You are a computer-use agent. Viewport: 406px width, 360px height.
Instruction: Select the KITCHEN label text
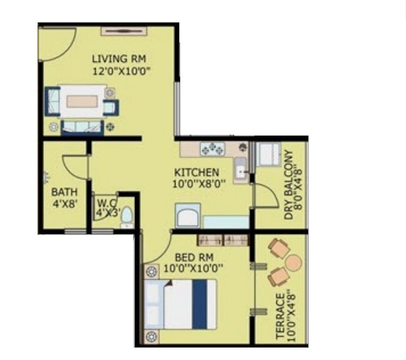coord(196,172)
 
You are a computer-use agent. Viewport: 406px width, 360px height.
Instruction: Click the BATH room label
coord(64,191)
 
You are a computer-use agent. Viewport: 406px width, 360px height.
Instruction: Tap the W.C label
coord(104,202)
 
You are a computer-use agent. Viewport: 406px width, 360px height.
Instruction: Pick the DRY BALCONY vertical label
coord(289,184)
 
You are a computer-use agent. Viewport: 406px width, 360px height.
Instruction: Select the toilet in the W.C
coord(127,216)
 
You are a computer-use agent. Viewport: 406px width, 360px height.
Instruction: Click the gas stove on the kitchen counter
coord(212,149)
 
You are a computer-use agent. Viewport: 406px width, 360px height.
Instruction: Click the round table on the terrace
coord(292,262)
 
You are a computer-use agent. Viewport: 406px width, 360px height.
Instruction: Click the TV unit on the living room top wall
coord(124,30)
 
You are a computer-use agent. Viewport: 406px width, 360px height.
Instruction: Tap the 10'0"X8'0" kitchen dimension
coord(197,184)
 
